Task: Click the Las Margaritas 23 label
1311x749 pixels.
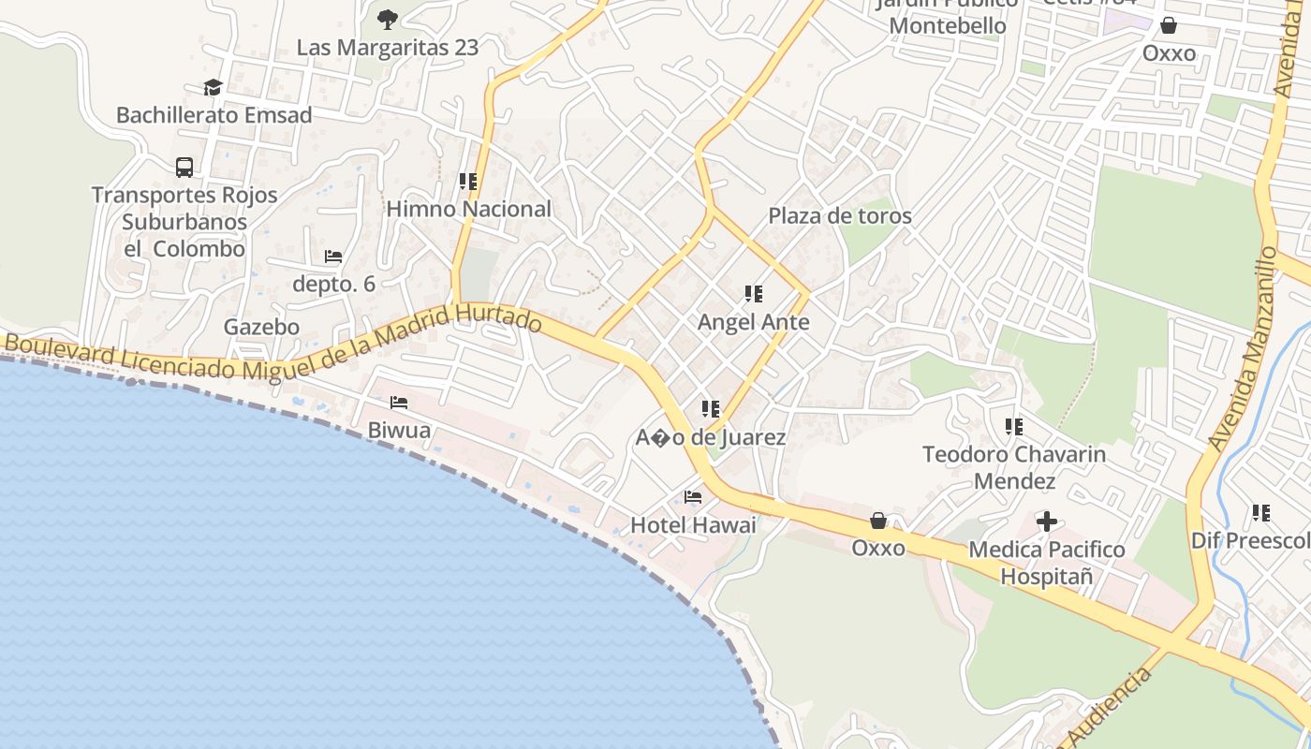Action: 388,47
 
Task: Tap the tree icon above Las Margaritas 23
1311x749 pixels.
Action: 388,18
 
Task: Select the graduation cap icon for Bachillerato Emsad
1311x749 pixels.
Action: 214,87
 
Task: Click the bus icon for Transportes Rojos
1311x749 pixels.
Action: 184,168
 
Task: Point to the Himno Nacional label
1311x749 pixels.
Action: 469,209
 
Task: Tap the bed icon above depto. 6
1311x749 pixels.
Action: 333,256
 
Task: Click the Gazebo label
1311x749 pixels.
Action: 261,327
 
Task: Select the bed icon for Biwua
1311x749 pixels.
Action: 399,403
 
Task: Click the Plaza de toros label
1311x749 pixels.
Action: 840,215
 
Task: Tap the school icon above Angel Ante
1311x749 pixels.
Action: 754,294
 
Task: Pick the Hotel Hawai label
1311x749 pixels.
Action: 693,525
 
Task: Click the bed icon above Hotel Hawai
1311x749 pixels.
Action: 693,497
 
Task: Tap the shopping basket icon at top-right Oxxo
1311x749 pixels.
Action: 1169,25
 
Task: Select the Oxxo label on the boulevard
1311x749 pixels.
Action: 878,548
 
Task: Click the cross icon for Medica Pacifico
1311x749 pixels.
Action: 1047,521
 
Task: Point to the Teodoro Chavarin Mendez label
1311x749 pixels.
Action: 1014,467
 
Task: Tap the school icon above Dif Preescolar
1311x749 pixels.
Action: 1261,513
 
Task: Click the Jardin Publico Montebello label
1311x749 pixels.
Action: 948,17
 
